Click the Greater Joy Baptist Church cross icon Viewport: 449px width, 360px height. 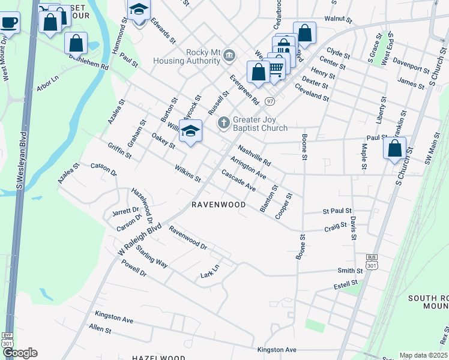click(x=224, y=123)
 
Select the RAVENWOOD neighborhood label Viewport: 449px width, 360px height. click(x=218, y=205)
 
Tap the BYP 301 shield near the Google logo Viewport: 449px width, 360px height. click(x=7, y=340)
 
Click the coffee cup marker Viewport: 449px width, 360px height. click(x=8, y=23)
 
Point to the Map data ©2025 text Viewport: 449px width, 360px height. click(x=423, y=355)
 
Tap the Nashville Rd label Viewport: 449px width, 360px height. click(x=254, y=155)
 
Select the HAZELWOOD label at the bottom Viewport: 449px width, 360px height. click(x=158, y=356)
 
